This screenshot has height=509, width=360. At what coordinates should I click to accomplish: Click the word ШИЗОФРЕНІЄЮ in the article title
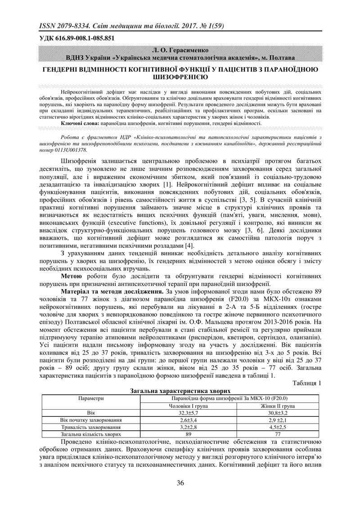click(x=180, y=77)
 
